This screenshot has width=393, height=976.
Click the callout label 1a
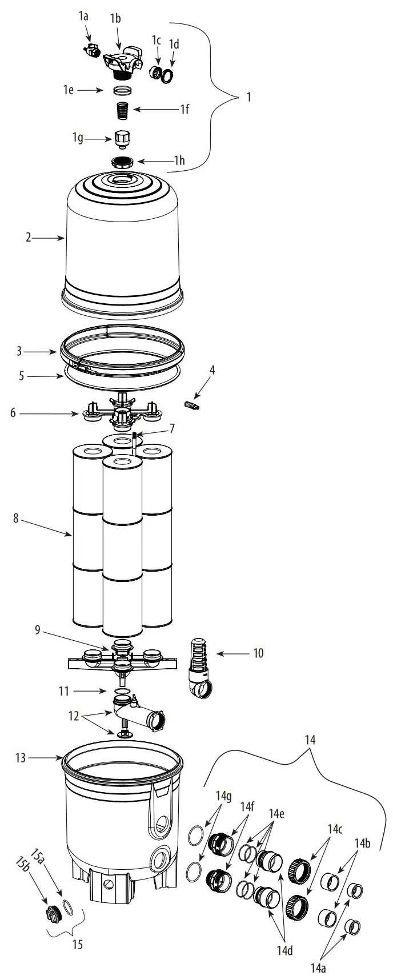[83, 18]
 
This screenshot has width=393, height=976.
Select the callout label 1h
[179, 162]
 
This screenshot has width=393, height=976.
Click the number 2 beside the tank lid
[28, 238]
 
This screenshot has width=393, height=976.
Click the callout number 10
[258, 653]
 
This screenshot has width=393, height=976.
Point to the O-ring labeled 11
[120, 692]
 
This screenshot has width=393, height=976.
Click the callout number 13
[21, 758]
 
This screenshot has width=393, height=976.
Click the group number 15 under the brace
[78, 945]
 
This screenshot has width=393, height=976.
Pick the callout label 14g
[223, 796]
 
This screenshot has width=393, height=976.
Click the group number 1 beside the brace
[248, 97]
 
